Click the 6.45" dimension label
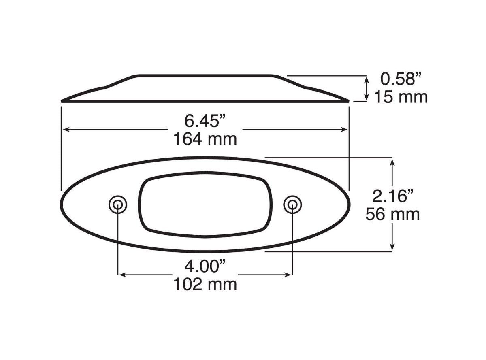pyautogui.click(x=205, y=120)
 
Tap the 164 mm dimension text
pyautogui.click(x=205, y=139)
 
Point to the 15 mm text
pyautogui.click(x=400, y=97)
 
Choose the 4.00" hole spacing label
pyautogui.click(x=205, y=266)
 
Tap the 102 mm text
pyautogui.click(x=205, y=284)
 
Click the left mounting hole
pyautogui.click(x=118, y=204)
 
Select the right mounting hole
pyautogui.click(x=292, y=204)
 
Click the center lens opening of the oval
pyautogui.click(x=206, y=204)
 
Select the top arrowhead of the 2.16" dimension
pyautogui.click(x=392, y=162)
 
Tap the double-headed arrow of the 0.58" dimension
pyautogui.click(x=367, y=89)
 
